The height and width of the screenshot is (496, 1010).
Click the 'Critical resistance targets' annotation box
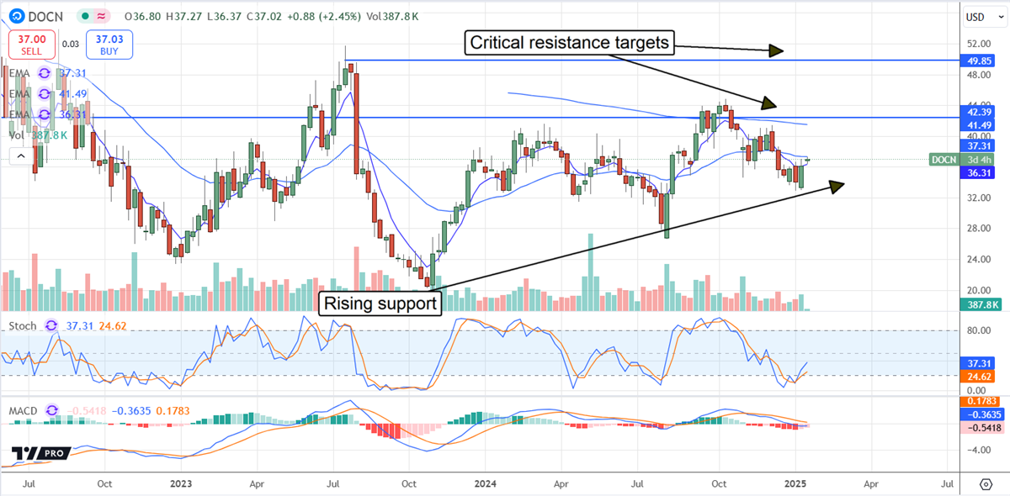point(571,43)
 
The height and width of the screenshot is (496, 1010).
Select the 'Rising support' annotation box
point(380,303)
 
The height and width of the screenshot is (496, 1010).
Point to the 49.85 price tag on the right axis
point(982,61)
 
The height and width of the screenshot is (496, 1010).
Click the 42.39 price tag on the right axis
point(982,111)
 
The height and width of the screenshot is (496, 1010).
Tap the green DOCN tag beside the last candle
point(944,159)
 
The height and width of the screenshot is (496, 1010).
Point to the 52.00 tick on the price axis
point(977,44)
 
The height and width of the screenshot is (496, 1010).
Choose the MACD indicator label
point(23,409)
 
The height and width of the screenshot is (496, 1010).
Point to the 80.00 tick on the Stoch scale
point(976,331)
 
